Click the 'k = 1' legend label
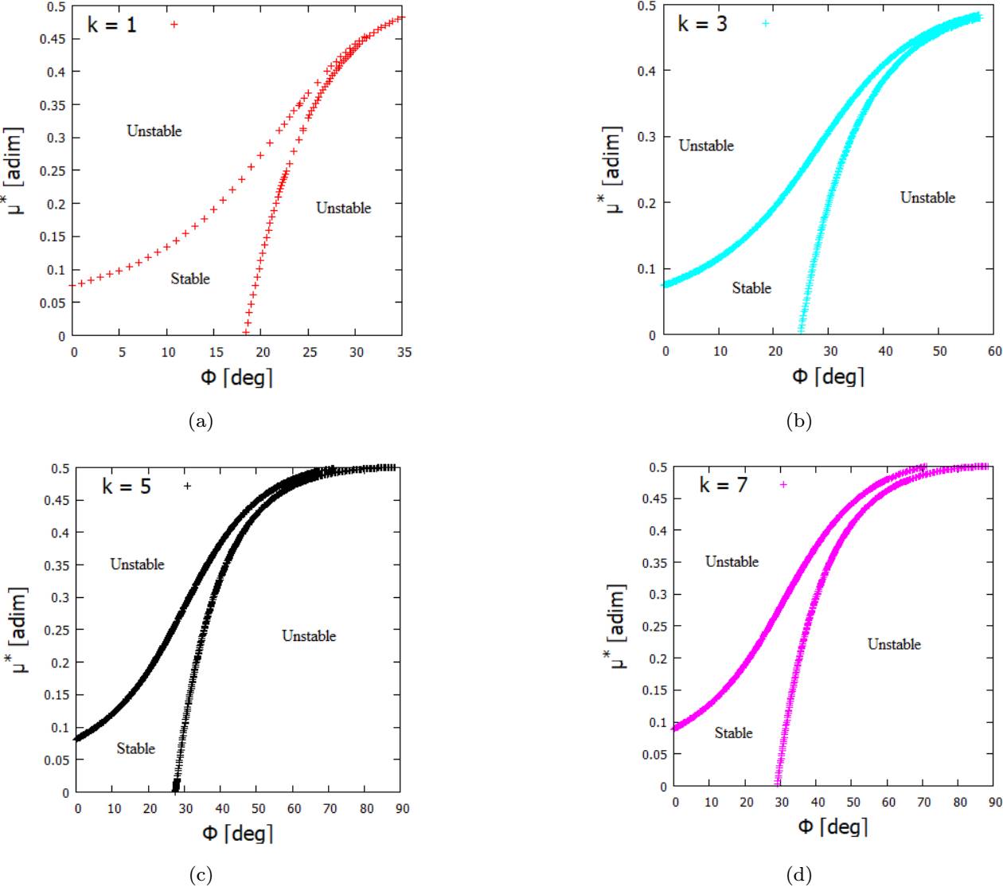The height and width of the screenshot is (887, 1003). pyautogui.click(x=111, y=25)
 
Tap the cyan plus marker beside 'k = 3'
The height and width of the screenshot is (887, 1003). pyautogui.click(x=765, y=23)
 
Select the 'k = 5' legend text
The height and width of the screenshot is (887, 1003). pyautogui.click(x=127, y=486)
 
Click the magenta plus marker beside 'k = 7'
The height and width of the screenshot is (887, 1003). pyautogui.click(x=783, y=484)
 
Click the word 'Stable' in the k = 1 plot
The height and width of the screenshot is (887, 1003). pyautogui.click(x=190, y=279)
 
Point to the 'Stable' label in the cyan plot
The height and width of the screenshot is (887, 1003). pyautogui.click(x=751, y=288)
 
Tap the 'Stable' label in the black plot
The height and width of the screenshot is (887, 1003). pyautogui.click(x=135, y=748)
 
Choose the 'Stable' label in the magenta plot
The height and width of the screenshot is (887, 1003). pyautogui.click(x=733, y=733)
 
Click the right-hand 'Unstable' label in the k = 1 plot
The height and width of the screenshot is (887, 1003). pyautogui.click(x=343, y=208)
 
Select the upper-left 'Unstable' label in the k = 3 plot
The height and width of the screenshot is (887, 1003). pyautogui.click(x=706, y=146)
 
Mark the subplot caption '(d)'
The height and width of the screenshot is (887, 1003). pyautogui.click(x=798, y=876)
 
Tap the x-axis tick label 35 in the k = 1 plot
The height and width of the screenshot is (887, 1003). pyautogui.click(x=404, y=352)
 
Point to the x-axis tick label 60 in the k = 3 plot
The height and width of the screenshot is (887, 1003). pyautogui.click(x=994, y=351)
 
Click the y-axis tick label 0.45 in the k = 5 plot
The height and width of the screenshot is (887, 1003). pyautogui.click(x=60, y=500)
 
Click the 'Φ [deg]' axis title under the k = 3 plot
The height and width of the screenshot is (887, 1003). pyautogui.click(x=828, y=376)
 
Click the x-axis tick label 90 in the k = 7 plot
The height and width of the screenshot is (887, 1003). pyautogui.click(x=995, y=802)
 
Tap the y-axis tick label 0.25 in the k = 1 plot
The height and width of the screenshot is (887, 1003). pyautogui.click(x=56, y=170)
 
